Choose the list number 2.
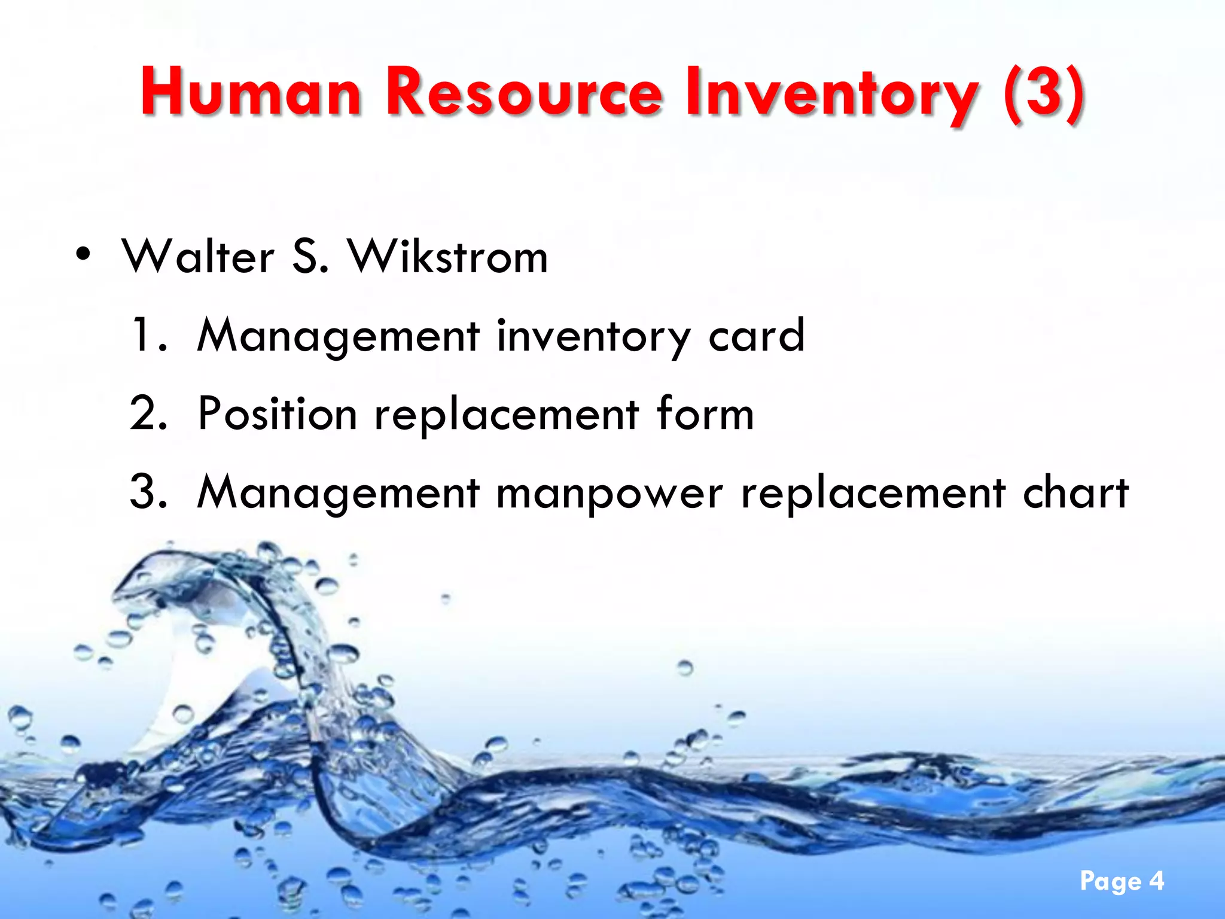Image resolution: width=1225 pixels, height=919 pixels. click(147, 413)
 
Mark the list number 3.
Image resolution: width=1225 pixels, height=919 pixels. click(147, 492)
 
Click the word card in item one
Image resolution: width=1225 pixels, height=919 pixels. click(756, 335)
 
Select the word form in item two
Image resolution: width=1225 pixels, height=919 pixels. click(705, 413)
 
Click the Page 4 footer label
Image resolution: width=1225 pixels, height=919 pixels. click(1122, 881)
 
